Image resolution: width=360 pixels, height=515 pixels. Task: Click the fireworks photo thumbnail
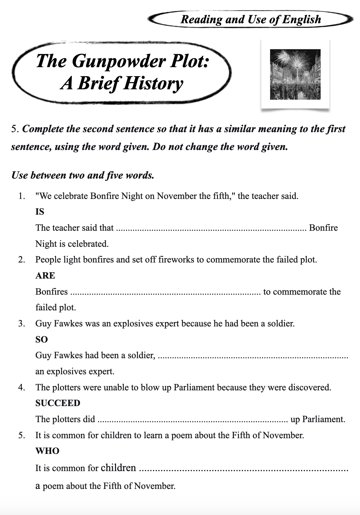[295, 74]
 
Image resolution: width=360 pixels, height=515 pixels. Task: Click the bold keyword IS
[40, 212]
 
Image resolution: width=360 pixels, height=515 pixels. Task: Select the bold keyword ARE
[45, 275]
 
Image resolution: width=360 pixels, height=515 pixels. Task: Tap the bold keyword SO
[41, 339]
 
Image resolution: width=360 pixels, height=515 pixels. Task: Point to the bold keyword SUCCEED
[57, 403]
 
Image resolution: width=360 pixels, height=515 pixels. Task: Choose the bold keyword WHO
[47, 451]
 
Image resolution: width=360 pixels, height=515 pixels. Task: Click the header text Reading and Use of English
[251, 19]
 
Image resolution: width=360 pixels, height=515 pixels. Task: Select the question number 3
[22, 324]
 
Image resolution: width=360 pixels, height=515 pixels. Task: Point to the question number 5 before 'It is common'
[22, 435]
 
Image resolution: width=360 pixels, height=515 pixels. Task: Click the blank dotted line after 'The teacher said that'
[211, 229]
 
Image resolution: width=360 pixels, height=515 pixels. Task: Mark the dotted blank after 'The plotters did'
[192, 420]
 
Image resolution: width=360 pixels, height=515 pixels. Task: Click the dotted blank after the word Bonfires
[165, 292]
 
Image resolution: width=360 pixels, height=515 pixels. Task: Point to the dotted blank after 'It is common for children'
[243, 469]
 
